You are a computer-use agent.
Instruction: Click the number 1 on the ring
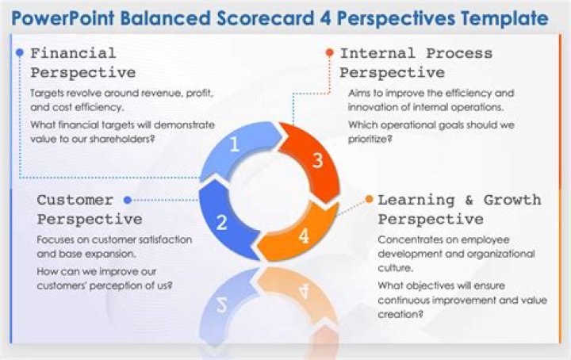pos(234,144)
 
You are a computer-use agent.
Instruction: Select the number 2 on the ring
pos(221,223)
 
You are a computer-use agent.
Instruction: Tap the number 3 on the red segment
pos(316,161)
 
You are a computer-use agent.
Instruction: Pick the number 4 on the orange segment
pos(305,236)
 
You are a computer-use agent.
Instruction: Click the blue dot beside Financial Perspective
pos(20,53)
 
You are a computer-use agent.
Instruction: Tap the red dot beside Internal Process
pos(329,53)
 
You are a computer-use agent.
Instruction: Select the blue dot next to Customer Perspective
pos(128,200)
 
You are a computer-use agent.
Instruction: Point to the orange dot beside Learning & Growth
pos(369,199)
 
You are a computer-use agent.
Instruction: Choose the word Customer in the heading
pos(75,200)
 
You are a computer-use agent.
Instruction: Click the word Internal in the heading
pos(377,53)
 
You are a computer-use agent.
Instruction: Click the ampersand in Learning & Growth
pos(469,200)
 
